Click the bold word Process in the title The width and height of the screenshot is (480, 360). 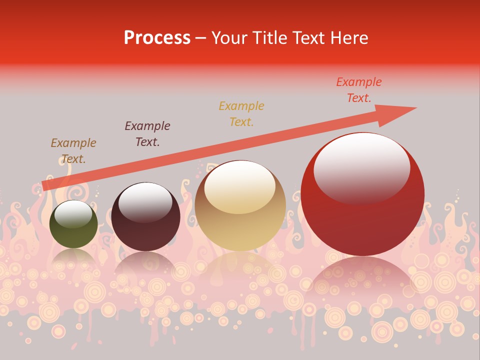point(157,38)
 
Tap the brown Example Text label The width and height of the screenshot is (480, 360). point(73,151)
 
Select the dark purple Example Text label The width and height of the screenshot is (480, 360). point(147,133)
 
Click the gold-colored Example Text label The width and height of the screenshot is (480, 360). point(241,113)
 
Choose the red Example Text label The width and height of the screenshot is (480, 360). point(358,90)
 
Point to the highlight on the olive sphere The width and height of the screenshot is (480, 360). point(73,214)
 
